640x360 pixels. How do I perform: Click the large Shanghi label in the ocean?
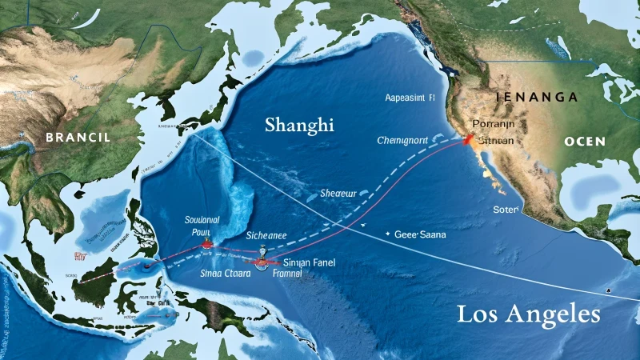click(299, 126)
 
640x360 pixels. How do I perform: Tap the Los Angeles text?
click(529, 314)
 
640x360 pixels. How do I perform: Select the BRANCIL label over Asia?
click(78, 137)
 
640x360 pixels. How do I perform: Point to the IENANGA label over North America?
click(537, 97)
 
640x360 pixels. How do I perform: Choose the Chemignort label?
click(403, 140)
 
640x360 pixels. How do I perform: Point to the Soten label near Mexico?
click(506, 209)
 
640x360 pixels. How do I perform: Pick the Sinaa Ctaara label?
click(226, 273)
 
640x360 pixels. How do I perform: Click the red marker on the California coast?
click(466, 140)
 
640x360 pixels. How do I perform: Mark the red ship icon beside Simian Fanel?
click(262, 260)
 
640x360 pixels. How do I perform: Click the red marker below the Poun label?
click(208, 242)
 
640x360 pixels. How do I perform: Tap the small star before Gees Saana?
click(387, 234)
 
